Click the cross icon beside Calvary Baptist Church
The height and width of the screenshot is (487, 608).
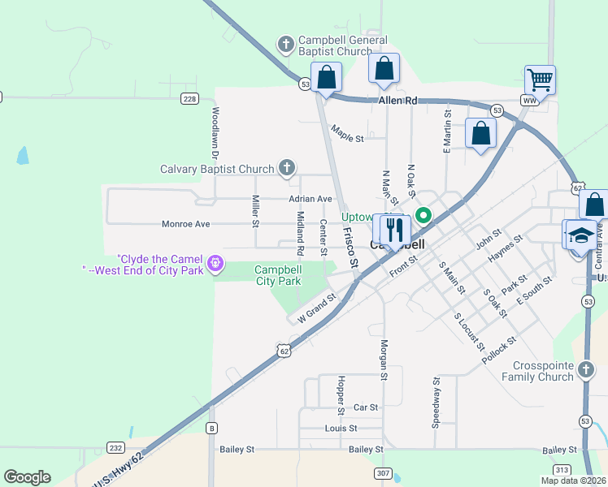(286, 168)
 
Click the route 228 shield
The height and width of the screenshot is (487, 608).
(189, 99)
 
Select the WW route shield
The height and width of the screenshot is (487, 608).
(530, 101)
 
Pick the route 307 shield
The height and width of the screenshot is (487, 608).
(383, 473)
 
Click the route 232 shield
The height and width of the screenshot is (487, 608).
(115, 447)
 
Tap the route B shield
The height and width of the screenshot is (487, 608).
(211, 428)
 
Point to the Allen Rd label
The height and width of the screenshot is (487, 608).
(397, 101)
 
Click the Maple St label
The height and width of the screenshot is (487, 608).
(347, 138)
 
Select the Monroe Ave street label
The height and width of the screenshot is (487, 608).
(185, 224)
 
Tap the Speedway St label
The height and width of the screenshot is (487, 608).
(436, 403)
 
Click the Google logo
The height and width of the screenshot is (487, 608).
(28, 477)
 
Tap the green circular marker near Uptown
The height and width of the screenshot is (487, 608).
(423, 216)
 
